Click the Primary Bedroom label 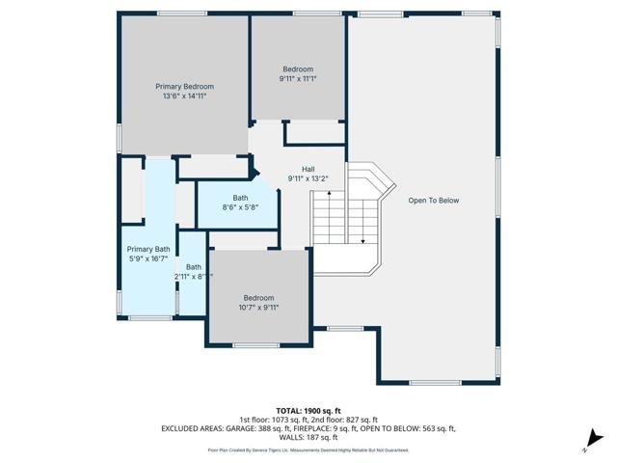click(x=184, y=87)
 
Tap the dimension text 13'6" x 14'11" click(x=184, y=96)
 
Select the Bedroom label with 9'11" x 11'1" click(x=297, y=69)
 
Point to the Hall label click(x=308, y=169)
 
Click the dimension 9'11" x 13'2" click(x=308, y=178)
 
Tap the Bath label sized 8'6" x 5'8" click(x=239, y=198)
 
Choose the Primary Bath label click(x=148, y=249)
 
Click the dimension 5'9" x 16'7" click(x=148, y=259)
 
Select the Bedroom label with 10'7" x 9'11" click(x=258, y=297)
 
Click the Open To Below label click(x=434, y=201)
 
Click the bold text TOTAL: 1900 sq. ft click(x=308, y=411)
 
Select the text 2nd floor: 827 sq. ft click(x=341, y=420)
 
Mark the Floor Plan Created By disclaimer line click(x=308, y=449)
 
